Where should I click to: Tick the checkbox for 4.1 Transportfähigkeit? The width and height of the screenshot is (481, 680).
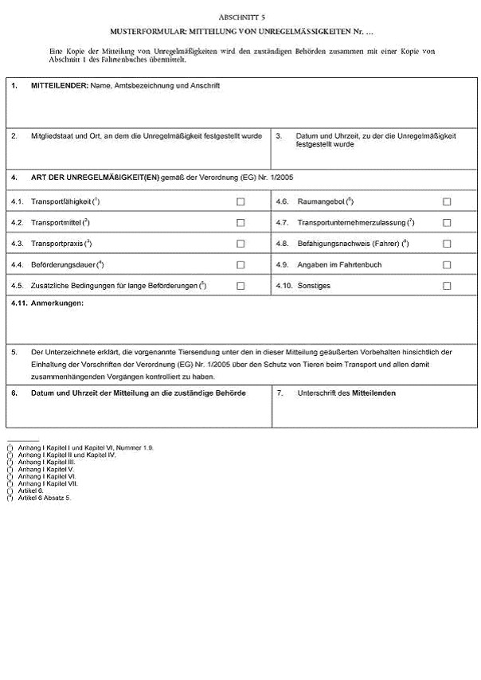pos(240,201)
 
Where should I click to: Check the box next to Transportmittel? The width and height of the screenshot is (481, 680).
pos(240,222)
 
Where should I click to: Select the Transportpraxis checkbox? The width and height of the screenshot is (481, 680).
pos(240,244)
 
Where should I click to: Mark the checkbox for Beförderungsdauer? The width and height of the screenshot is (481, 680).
pos(240,264)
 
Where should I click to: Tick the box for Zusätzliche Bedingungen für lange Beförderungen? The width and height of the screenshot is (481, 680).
pos(240,285)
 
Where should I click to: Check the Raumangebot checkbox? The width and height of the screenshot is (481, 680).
pos(447,201)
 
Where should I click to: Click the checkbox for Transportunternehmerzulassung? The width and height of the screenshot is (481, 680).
pos(447,222)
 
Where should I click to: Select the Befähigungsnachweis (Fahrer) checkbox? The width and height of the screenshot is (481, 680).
pos(447,244)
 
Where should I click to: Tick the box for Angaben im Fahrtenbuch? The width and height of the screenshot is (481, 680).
pos(447,264)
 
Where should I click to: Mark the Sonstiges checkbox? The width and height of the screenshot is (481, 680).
pos(447,285)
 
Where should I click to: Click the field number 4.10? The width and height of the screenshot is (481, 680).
pos(284,285)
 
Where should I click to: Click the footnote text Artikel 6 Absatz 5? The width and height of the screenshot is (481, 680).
pos(45,498)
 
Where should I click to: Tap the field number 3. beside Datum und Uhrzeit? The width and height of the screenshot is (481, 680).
pos(280,136)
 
